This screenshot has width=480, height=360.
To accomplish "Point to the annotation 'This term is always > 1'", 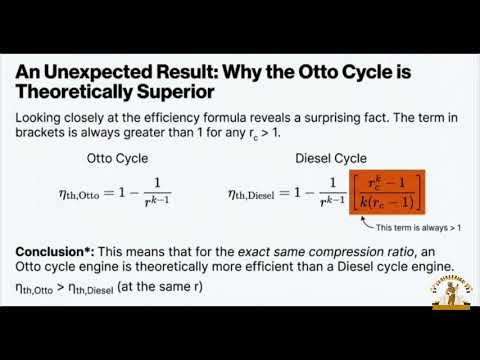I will click(x=419, y=228).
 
